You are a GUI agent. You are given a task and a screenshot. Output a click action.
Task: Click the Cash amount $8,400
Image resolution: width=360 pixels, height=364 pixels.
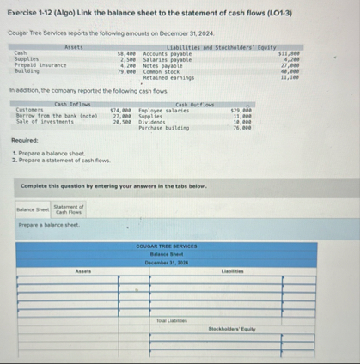pyautogui.click(x=126, y=52)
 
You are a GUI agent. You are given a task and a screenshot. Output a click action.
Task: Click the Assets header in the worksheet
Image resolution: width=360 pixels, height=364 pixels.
pyautogui.click(x=82, y=270)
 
